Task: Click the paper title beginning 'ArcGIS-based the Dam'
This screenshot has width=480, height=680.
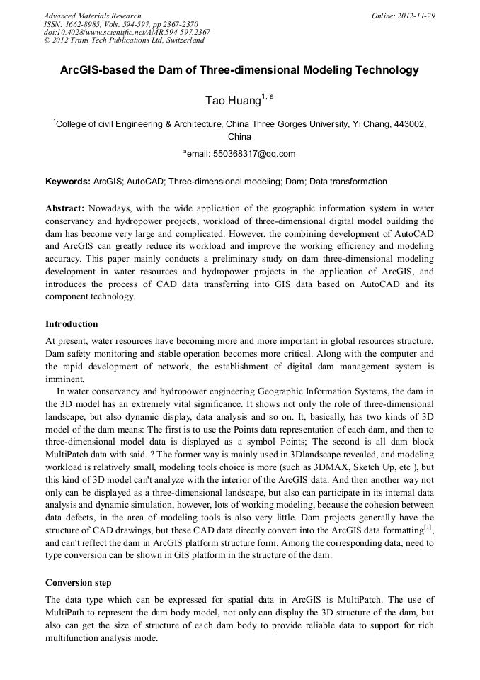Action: coord(239,70)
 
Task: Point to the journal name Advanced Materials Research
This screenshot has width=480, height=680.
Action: coord(92,16)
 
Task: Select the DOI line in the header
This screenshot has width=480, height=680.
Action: coord(126,32)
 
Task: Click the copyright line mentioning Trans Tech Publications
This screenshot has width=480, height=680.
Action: coord(124,40)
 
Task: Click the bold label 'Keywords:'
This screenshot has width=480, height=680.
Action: coord(68,182)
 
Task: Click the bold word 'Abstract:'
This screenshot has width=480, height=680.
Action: coord(65,208)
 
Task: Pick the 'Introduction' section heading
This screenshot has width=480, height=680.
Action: coord(72,324)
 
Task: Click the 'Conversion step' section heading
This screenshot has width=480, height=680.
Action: coord(78,583)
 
